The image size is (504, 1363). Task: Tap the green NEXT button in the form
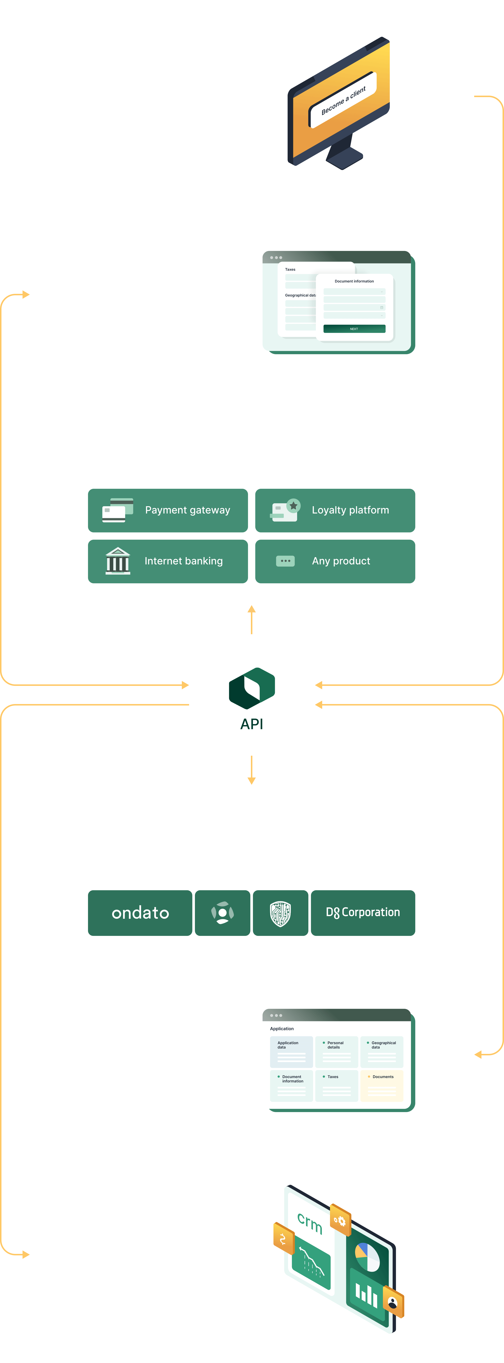coord(354,329)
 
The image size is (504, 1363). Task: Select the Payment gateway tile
coord(168,510)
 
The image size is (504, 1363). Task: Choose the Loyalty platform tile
coord(335,510)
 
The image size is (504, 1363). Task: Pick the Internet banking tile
coord(168,561)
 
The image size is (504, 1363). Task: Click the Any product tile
coord(335,561)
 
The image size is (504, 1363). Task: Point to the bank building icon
coord(117,561)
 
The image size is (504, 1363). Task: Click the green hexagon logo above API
coord(252,688)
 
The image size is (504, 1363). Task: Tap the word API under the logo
coord(252,724)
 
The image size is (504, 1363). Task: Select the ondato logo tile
coord(140,913)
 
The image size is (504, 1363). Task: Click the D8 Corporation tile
coord(363,913)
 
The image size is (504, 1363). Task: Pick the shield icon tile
coord(280,913)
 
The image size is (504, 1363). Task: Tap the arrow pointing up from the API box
coord(252,619)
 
